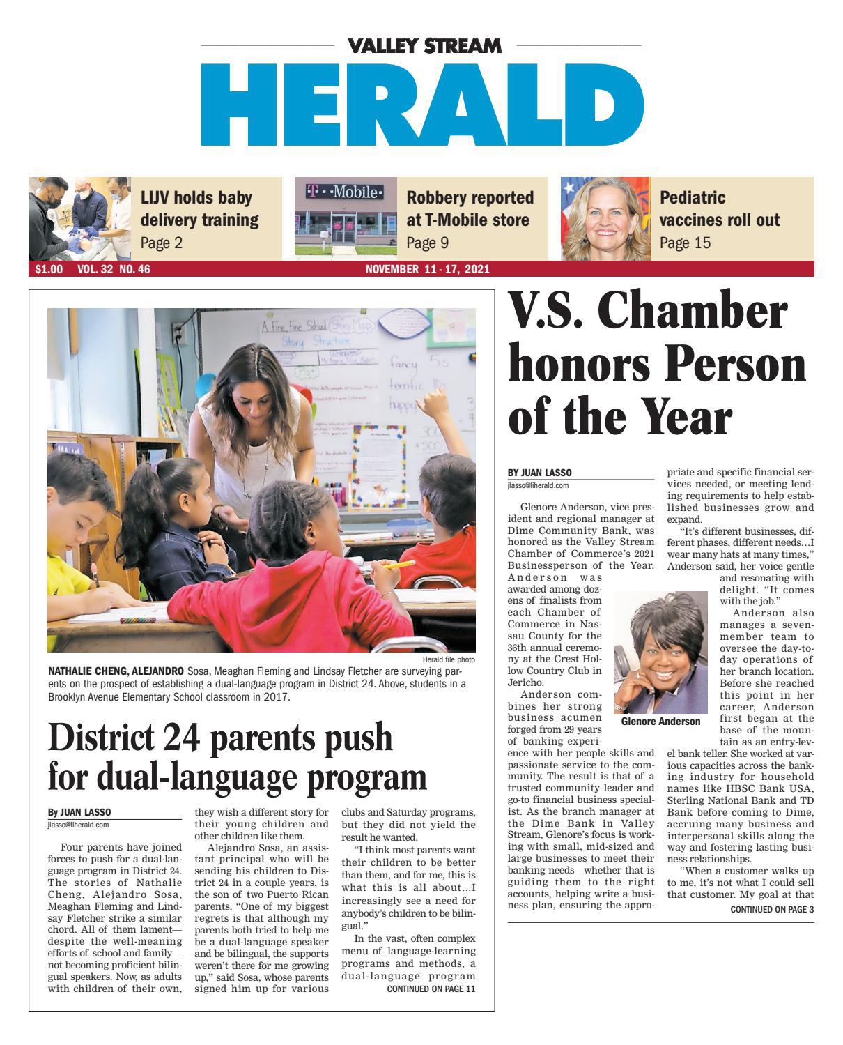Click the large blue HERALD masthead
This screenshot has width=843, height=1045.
(x=422, y=105)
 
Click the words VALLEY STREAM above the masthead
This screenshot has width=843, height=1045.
(x=424, y=46)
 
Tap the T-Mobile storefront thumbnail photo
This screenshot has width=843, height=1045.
(x=345, y=218)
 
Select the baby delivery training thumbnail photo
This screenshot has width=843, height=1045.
(x=79, y=218)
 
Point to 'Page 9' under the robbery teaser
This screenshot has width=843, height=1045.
(x=427, y=243)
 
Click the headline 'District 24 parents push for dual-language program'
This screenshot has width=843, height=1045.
(x=237, y=756)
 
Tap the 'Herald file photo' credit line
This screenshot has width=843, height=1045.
(x=448, y=659)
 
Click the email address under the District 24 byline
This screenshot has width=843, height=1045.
(x=78, y=825)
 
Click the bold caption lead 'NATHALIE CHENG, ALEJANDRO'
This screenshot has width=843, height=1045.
(x=115, y=671)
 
